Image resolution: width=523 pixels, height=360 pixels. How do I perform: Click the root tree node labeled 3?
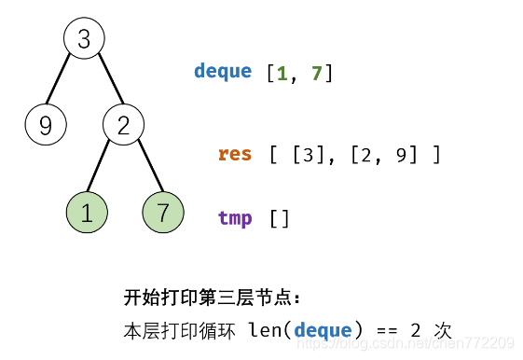84,39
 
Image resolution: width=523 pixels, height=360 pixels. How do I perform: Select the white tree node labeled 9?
45,125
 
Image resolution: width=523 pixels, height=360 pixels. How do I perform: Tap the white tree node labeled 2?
123,125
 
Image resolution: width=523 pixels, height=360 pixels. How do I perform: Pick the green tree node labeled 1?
87,213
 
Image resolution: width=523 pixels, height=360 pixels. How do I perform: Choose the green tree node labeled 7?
163,213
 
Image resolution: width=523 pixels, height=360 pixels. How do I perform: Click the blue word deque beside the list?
223,72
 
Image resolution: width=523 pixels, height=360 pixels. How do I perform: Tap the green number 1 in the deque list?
282,72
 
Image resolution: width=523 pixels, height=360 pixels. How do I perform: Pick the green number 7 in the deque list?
316,72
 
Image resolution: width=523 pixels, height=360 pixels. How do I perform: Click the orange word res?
235,154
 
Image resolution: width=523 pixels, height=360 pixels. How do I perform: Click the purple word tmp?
235,218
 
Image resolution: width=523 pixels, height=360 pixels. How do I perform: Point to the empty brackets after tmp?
280,218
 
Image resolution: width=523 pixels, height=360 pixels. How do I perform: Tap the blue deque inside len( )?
323,329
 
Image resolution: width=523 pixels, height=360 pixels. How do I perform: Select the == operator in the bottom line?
385,329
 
